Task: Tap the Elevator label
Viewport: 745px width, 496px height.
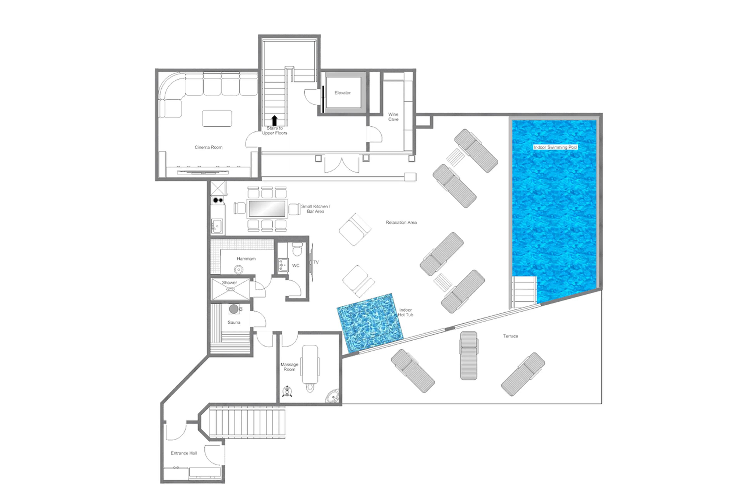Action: [343, 93]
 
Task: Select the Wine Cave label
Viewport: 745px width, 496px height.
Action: [393, 117]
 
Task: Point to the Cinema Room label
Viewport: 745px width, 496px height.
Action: [208, 147]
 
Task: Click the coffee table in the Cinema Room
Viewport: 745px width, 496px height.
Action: [217, 118]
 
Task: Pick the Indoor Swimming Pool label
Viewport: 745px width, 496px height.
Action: [555, 147]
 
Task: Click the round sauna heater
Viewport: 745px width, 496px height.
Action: [234, 309]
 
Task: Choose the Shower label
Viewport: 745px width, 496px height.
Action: [229, 282]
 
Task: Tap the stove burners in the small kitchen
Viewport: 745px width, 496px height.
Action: [218, 200]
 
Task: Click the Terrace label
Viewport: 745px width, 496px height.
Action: [510, 336]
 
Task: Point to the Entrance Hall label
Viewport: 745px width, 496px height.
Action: [184, 453]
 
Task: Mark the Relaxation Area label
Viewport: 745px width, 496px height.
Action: [401, 222]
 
